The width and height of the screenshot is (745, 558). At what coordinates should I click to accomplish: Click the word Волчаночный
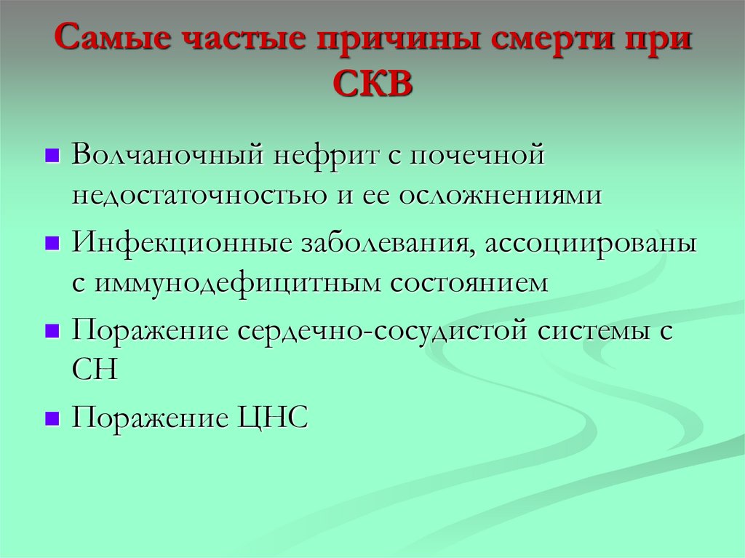click(168, 156)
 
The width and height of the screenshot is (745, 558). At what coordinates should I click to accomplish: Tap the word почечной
click(474, 156)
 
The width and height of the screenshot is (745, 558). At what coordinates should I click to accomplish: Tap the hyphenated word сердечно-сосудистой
click(382, 330)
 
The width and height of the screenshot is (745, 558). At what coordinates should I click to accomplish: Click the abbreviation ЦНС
click(277, 418)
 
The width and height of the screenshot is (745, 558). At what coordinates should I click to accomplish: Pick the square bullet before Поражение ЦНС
click(51, 419)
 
